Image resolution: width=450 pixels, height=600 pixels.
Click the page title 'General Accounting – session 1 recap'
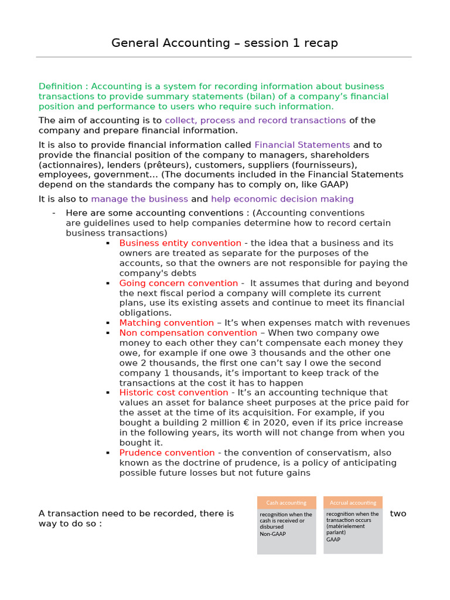tap(224, 43)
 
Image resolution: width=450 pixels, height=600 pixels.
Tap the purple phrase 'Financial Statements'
tap(302, 145)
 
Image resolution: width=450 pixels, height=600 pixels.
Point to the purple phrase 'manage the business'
tap(139, 199)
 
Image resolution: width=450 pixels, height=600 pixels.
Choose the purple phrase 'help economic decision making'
tap(282, 199)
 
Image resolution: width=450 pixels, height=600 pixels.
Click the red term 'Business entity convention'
tap(180, 243)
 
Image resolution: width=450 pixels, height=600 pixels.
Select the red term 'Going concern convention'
tap(178, 283)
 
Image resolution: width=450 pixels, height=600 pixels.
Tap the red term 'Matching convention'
tap(166, 323)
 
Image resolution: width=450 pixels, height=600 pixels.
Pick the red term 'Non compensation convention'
tap(188, 333)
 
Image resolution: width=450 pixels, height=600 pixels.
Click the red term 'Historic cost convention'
tap(173, 393)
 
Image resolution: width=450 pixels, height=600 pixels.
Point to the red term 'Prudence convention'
tap(167, 453)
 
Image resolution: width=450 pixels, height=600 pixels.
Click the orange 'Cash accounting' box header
tap(287, 503)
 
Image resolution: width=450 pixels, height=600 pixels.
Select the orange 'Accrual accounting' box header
tap(353, 503)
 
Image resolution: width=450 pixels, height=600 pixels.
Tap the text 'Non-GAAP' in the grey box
tap(273, 534)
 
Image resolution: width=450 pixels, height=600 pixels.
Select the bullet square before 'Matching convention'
tap(108, 323)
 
